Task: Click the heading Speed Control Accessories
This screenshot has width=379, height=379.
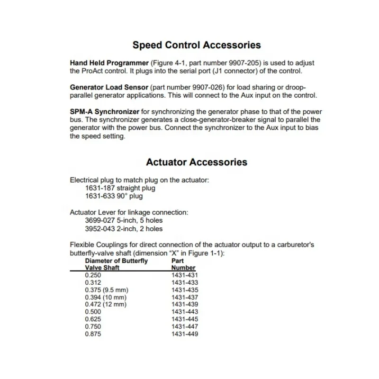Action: [x=196, y=45]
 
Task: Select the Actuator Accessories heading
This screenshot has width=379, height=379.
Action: [x=196, y=162]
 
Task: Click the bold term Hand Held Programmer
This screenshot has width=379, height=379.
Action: [x=109, y=63]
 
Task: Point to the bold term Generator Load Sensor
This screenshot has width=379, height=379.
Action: [x=109, y=88]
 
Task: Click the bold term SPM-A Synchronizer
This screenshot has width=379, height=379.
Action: [x=104, y=112]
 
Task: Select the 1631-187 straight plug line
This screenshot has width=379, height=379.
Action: [x=120, y=188]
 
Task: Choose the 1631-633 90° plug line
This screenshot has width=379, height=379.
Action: [x=114, y=196]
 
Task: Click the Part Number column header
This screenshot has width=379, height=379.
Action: [x=184, y=264]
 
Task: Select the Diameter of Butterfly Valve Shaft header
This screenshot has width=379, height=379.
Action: [x=116, y=264]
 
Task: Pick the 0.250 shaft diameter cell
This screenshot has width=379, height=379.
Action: [x=93, y=275]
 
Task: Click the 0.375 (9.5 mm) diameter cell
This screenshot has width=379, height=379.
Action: [x=107, y=290]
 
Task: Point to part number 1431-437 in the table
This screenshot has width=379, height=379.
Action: [x=184, y=298]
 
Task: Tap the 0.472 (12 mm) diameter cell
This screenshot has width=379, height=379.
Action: [x=105, y=305]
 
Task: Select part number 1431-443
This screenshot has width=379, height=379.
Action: [x=184, y=312]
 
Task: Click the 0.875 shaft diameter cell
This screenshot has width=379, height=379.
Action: [x=93, y=334]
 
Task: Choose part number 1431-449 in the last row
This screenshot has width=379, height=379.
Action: [x=184, y=334]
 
